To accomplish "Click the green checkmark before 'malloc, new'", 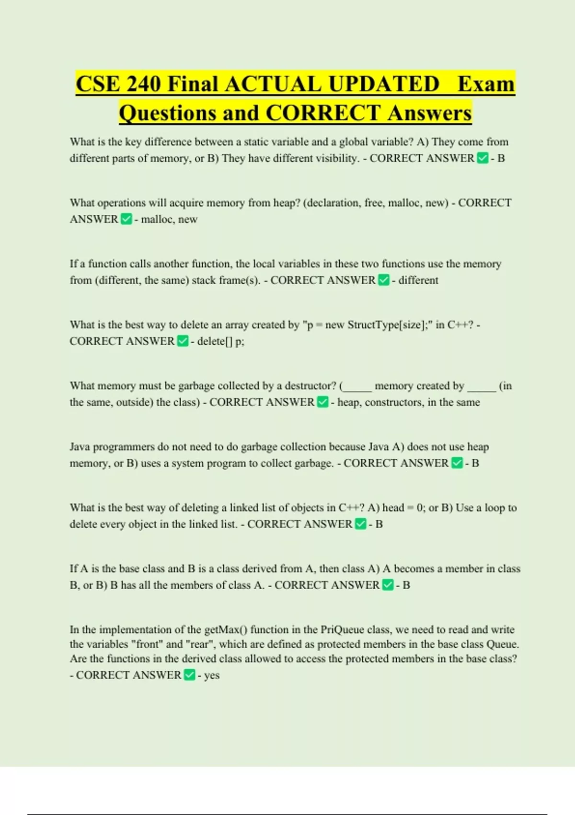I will (126, 219).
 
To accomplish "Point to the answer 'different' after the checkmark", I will (418, 280).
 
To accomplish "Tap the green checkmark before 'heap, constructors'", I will (323, 402).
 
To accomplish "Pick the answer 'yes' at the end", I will (212, 675).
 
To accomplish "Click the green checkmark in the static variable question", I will (483, 158).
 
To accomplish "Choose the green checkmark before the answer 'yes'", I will (189, 675).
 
